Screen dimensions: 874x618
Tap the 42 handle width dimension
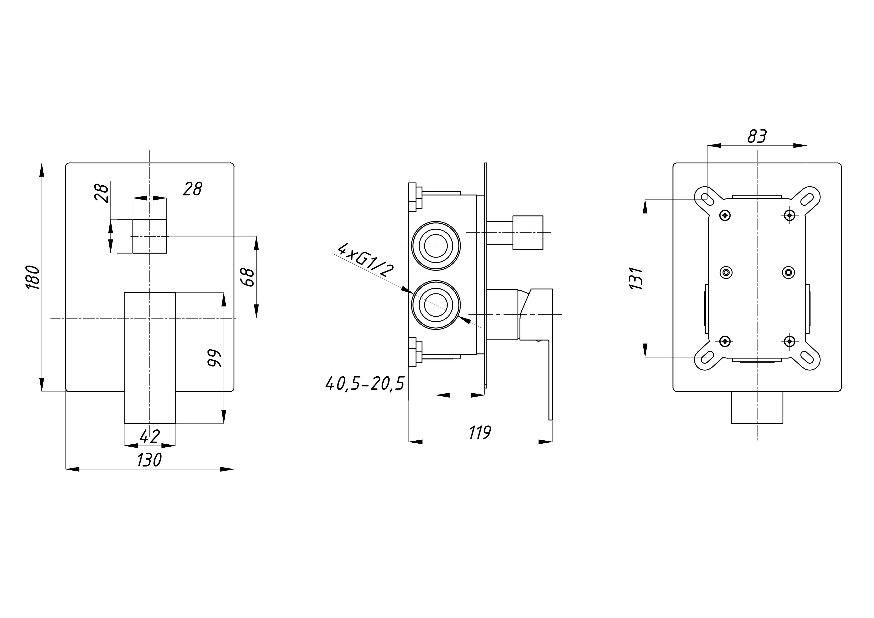pyautogui.click(x=150, y=436)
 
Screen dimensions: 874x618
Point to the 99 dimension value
pyautogui.click(x=214, y=358)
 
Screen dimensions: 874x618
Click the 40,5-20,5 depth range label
pyautogui.click(x=364, y=384)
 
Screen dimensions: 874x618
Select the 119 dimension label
pyautogui.click(x=480, y=433)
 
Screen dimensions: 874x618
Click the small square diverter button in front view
pyautogui.click(x=150, y=236)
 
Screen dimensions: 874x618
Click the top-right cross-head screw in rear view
pyautogui.click(x=790, y=215)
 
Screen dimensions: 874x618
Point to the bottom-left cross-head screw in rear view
pyautogui.click(x=725, y=341)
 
